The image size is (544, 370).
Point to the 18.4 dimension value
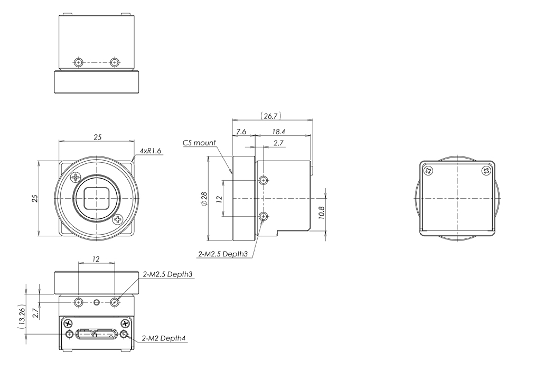(x=279, y=131)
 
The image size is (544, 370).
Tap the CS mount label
(x=199, y=143)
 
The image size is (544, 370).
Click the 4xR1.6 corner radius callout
(x=151, y=151)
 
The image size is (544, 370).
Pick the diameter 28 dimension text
(x=203, y=199)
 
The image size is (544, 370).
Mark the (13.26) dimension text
(x=21, y=316)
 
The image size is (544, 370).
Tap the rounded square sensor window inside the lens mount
(x=96, y=198)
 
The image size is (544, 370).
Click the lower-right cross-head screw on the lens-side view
(x=117, y=219)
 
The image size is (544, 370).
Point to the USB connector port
(x=96, y=334)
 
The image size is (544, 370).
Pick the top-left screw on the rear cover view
(x=428, y=170)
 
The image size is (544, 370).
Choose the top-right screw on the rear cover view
(x=486, y=170)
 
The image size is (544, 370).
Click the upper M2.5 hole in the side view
(x=264, y=181)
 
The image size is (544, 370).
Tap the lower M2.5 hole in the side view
(x=264, y=216)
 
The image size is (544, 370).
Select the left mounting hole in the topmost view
(x=78, y=62)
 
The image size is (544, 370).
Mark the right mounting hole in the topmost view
(x=114, y=62)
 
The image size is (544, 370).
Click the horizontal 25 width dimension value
(x=98, y=137)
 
